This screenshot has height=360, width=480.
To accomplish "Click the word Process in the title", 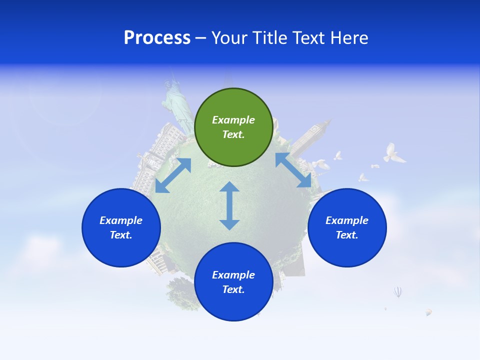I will pyautogui.click(x=157, y=38).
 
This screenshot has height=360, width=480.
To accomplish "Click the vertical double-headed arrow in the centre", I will pyautogui.click(x=229, y=205).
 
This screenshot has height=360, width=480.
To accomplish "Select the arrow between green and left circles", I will pyautogui.click(x=173, y=175).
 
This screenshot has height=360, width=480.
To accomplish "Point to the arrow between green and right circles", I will pyautogui.click(x=293, y=170).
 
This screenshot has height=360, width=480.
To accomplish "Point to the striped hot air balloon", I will pyautogui.click(x=397, y=291).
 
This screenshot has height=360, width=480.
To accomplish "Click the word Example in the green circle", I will pyautogui.click(x=233, y=120).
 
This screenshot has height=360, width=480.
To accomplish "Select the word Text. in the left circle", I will pyautogui.click(x=121, y=235).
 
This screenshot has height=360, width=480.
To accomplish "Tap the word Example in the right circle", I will pyautogui.click(x=347, y=220).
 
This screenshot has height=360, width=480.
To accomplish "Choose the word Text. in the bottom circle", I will pyautogui.click(x=233, y=289).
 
